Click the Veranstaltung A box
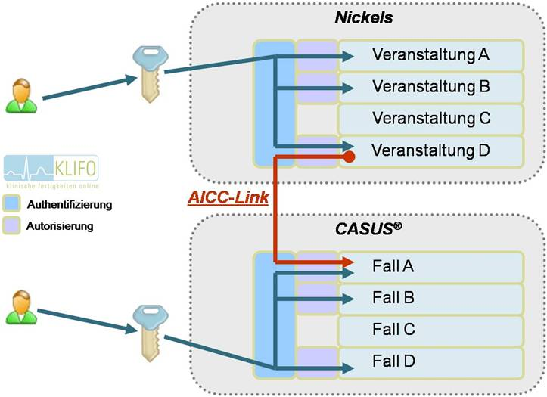click(431, 55)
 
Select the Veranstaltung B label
click(431, 87)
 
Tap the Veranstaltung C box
click(431, 118)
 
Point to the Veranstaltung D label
click(431, 150)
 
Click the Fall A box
click(431, 266)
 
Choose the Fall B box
click(431, 298)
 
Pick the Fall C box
click(431, 330)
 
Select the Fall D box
click(431, 361)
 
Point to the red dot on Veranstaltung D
click(350, 157)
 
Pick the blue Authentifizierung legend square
click(12, 203)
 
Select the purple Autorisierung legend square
click(12, 225)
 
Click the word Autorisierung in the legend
click(60, 225)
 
